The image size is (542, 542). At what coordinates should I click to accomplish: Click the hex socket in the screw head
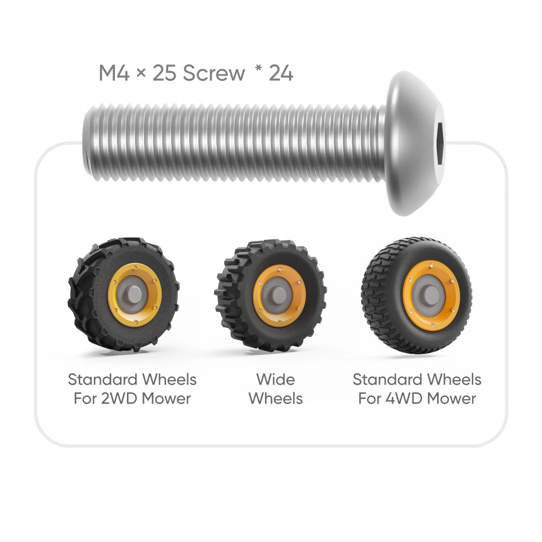pos(440,136)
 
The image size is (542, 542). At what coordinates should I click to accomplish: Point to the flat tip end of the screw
pos(86,141)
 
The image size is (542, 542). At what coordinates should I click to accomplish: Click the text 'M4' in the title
pos(114,73)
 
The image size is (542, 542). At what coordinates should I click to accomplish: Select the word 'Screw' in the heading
pos(214,73)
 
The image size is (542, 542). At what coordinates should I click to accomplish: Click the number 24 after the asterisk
pos(281,73)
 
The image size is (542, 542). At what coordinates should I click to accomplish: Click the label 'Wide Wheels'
pos(276,389)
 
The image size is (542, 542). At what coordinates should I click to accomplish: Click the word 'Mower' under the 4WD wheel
pos(452,398)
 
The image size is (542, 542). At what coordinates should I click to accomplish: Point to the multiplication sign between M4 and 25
pos(141,74)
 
